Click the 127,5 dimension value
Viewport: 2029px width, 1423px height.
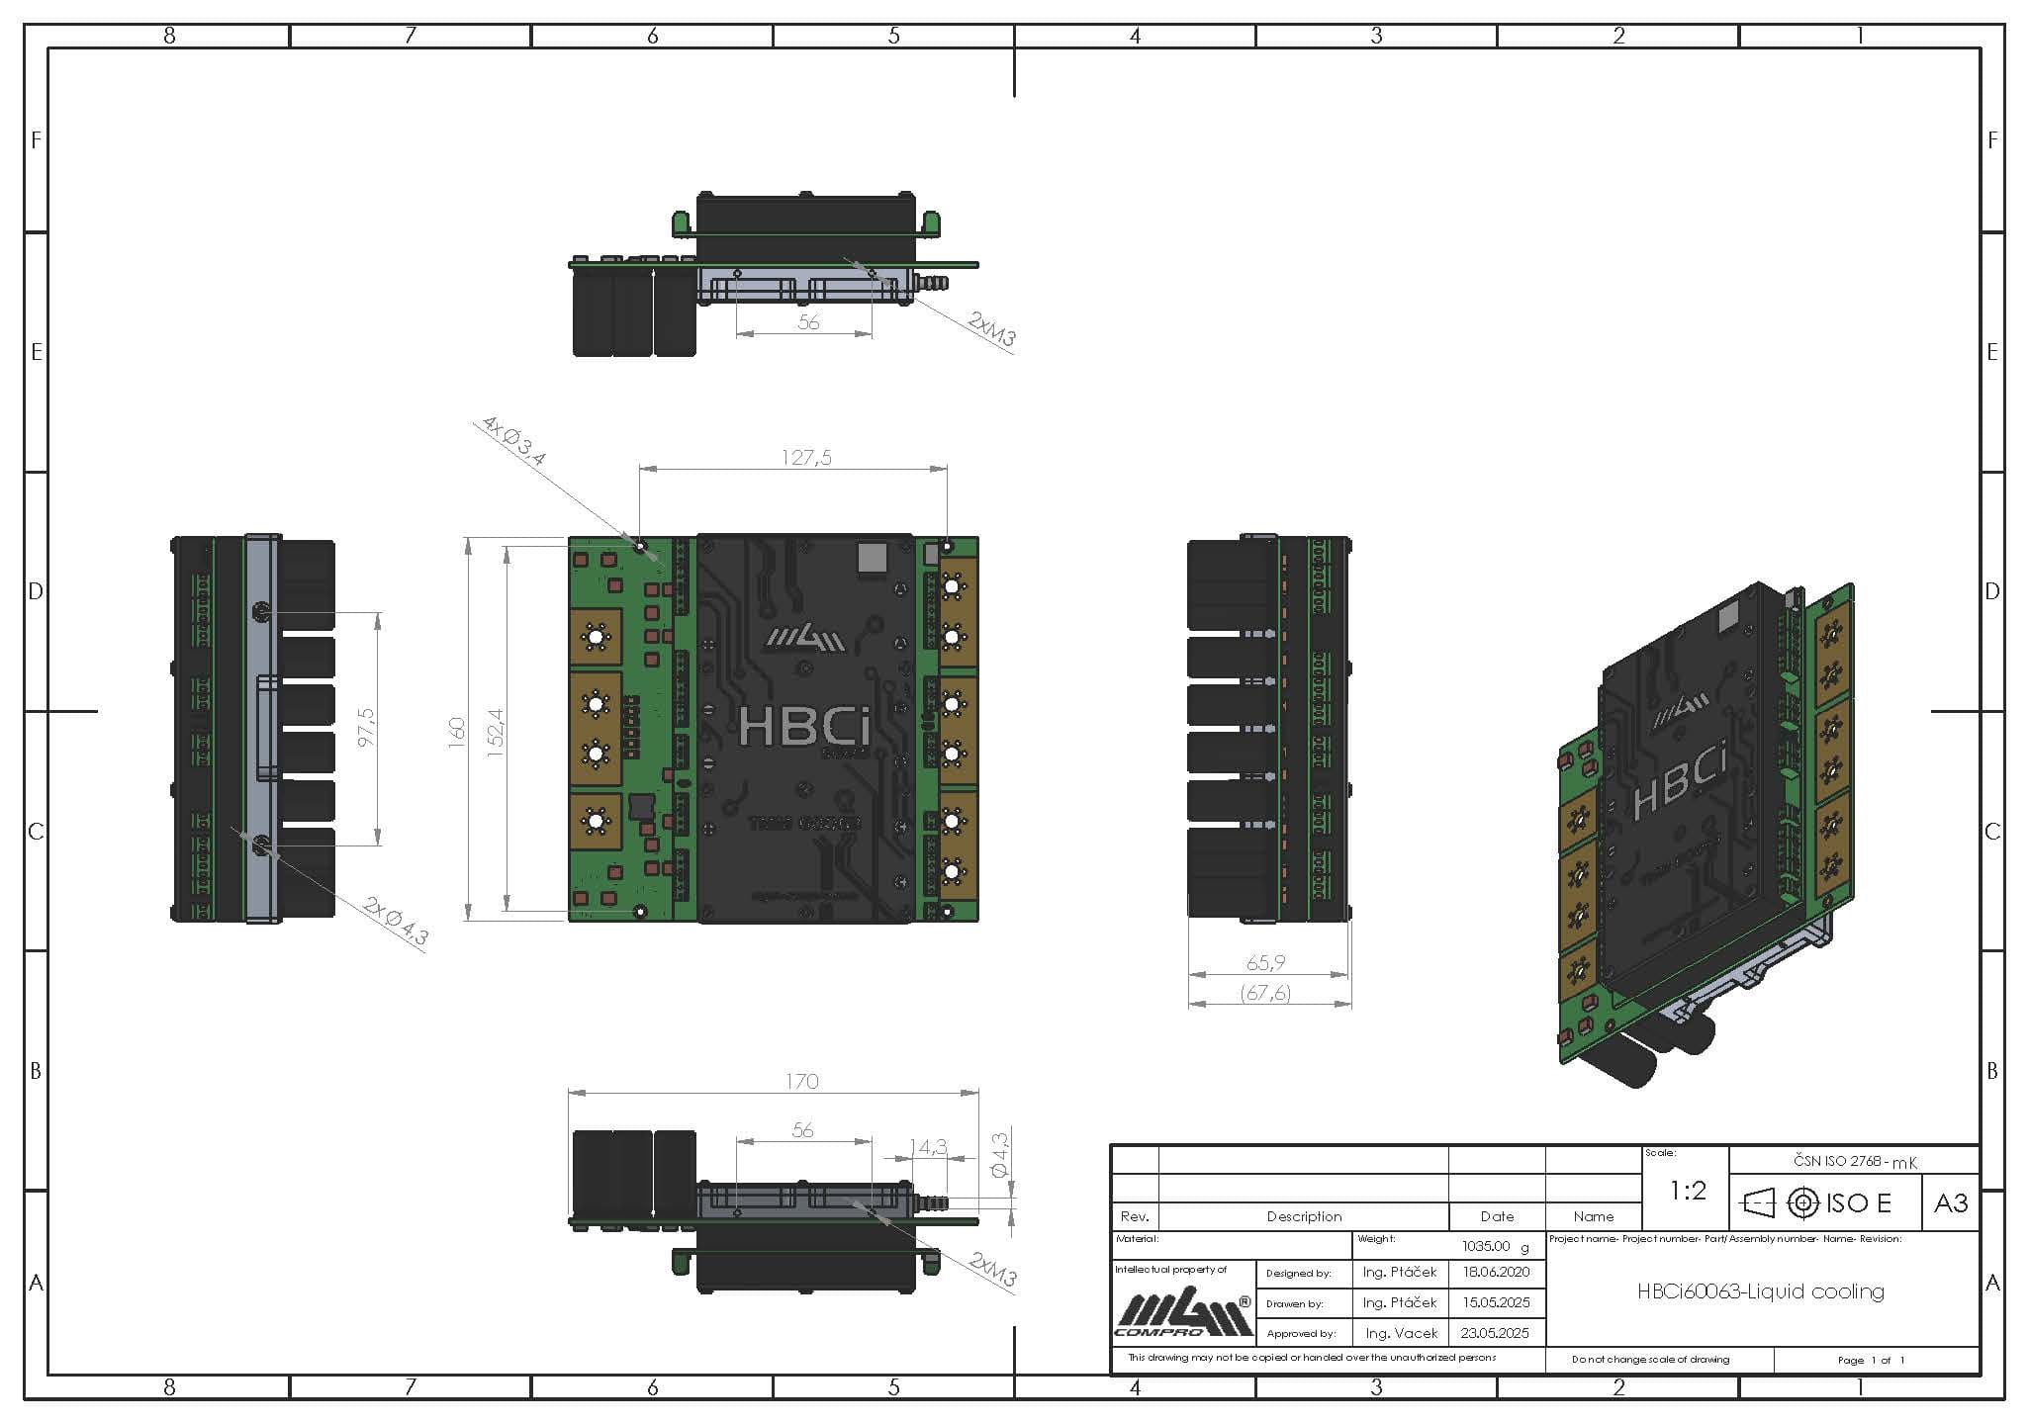[806, 457]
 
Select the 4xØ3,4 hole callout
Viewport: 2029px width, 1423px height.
[513, 440]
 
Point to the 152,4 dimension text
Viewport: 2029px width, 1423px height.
[496, 733]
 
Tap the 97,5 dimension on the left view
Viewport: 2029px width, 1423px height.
[366, 727]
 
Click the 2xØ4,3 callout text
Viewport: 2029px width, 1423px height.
[396, 922]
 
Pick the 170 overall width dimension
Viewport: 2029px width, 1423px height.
[801, 1081]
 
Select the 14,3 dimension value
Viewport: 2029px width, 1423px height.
[928, 1147]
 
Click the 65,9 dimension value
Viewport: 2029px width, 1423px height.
[1266, 962]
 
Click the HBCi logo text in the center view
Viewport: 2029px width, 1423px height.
[804, 728]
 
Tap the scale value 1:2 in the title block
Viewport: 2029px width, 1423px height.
[1687, 1191]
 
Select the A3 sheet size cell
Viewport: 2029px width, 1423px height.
[1950, 1202]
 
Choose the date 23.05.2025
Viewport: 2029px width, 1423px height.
[1494, 1333]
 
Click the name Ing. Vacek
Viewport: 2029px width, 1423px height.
[1401, 1333]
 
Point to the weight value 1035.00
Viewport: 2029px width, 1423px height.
[1487, 1246]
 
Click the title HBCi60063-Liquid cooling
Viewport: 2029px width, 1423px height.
[1760, 1290]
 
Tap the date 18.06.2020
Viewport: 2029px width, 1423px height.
[1496, 1272]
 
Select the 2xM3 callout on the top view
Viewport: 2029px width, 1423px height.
[991, 329]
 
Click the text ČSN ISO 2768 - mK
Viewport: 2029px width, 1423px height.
[1855, 1162]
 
